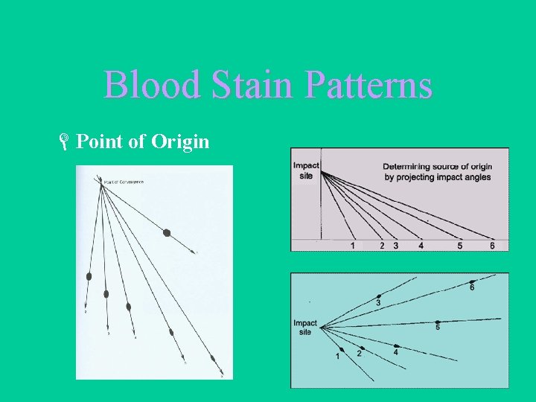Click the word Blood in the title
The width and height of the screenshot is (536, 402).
[x=153, y=85]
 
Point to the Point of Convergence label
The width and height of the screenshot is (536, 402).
[x=123, y=182]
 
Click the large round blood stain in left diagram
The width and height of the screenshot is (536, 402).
[x=167, y=233]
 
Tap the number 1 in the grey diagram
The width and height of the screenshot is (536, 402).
[x=352, y=246]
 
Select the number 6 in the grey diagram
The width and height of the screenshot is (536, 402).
[x=492, y=246]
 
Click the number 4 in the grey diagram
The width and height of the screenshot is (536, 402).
[x=421, y=246]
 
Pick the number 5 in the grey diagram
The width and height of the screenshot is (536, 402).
[x=460, y=246]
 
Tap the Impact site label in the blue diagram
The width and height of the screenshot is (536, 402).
[x=304, y=328]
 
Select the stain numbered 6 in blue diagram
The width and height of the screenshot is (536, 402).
[x=472, y=281]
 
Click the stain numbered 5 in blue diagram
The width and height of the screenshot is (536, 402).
[x=438, y=322]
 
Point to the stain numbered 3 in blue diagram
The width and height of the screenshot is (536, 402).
[x=379, y=296]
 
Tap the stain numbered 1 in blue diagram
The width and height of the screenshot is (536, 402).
[x=342, y=349]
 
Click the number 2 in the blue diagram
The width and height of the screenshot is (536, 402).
[x=359, y=354]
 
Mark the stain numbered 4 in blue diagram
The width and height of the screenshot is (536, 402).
[x=397, y=346]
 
